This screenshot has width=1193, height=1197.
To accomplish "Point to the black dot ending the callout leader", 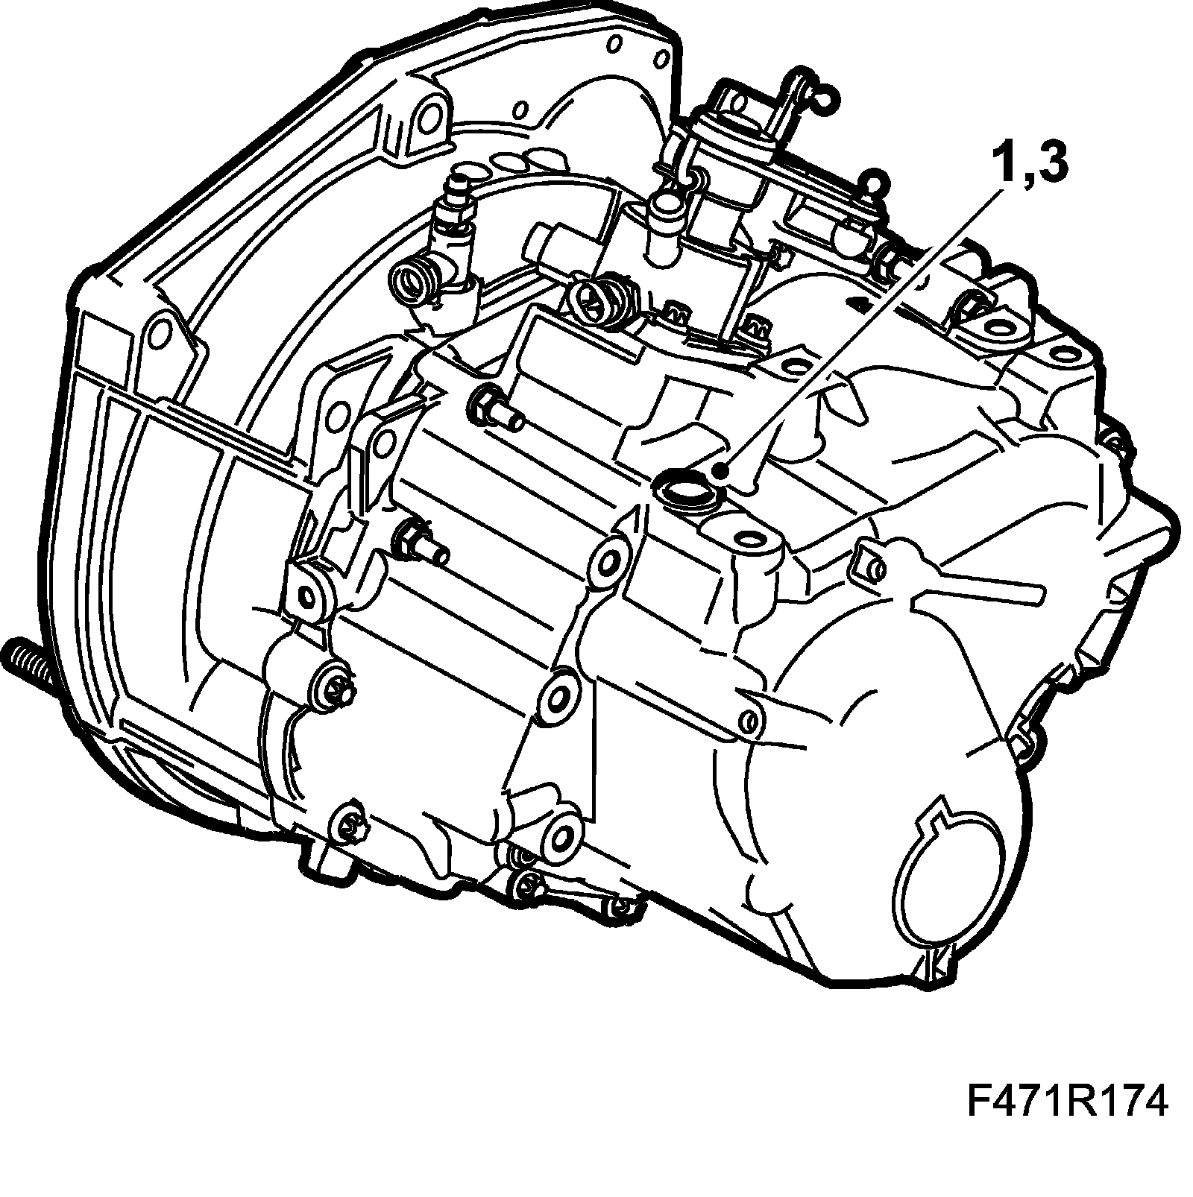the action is pos(720,472).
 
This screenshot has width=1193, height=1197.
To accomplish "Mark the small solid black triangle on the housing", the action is pos(855,303).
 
